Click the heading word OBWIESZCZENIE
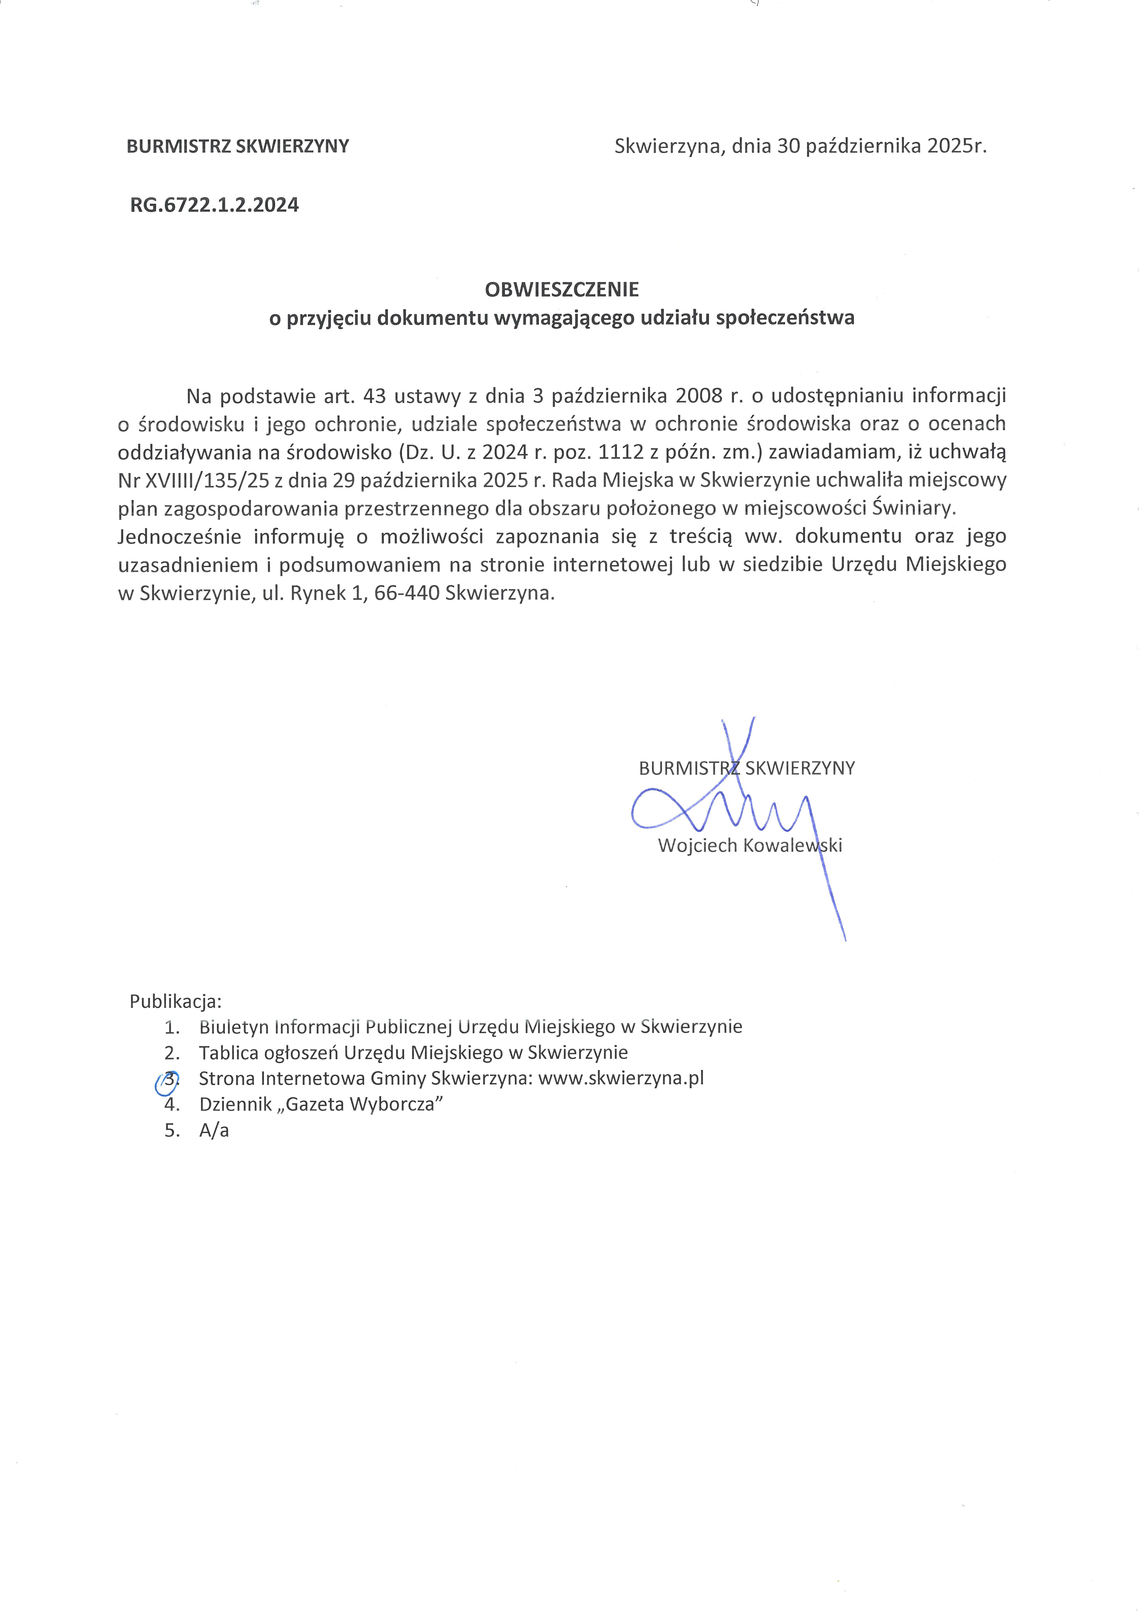coord(561,289)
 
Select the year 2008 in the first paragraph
coord(699,396)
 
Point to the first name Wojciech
coord(697,846)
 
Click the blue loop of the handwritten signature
coord(656,810)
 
